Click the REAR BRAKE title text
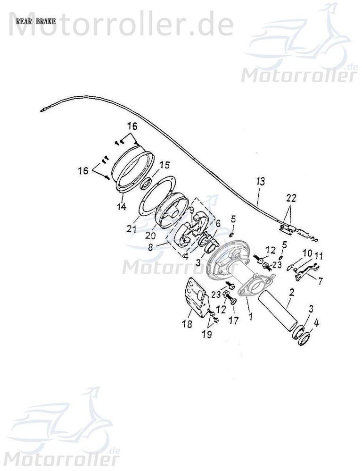36,22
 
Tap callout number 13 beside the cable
261,181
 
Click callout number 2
292,293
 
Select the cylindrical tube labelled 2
279,312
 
